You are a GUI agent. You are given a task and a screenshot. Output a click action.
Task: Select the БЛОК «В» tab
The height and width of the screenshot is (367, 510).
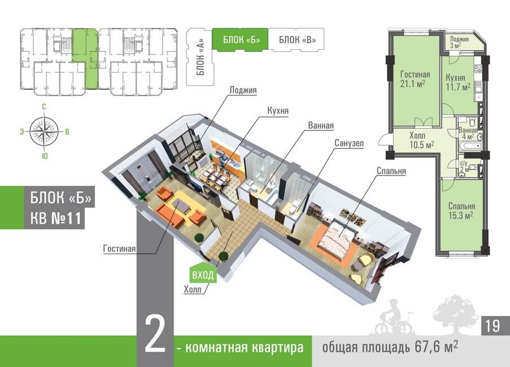293,40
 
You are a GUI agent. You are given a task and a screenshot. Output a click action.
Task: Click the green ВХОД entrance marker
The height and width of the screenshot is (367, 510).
203,275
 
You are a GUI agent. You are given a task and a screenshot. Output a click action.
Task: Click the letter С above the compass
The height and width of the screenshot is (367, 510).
44,107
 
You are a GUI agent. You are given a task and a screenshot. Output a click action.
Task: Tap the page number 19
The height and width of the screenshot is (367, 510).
492,325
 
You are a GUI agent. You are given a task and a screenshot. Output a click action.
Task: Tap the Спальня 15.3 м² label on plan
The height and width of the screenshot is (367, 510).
458,210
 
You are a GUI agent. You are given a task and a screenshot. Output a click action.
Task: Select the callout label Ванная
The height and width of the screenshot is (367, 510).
321,125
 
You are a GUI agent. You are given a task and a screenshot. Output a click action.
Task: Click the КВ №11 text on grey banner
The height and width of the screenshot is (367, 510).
55,218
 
